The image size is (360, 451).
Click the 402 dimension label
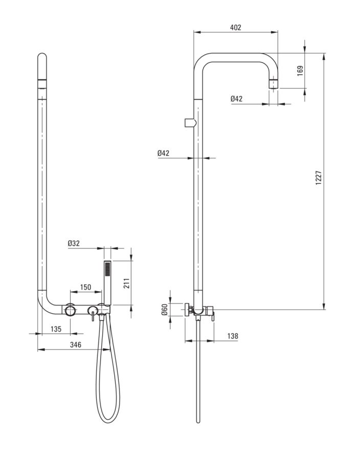click(235, 27)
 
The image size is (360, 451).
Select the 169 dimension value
click(300, 70)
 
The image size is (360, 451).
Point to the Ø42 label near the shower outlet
click(236, 99)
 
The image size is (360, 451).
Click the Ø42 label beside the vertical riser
click(163, 153)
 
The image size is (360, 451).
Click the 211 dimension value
click(126, 283)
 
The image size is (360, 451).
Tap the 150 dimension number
click(85, 287)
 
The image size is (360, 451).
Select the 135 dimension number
click(56, 328)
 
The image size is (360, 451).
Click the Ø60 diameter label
click(165, 310)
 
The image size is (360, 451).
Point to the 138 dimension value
click(232, 336)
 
